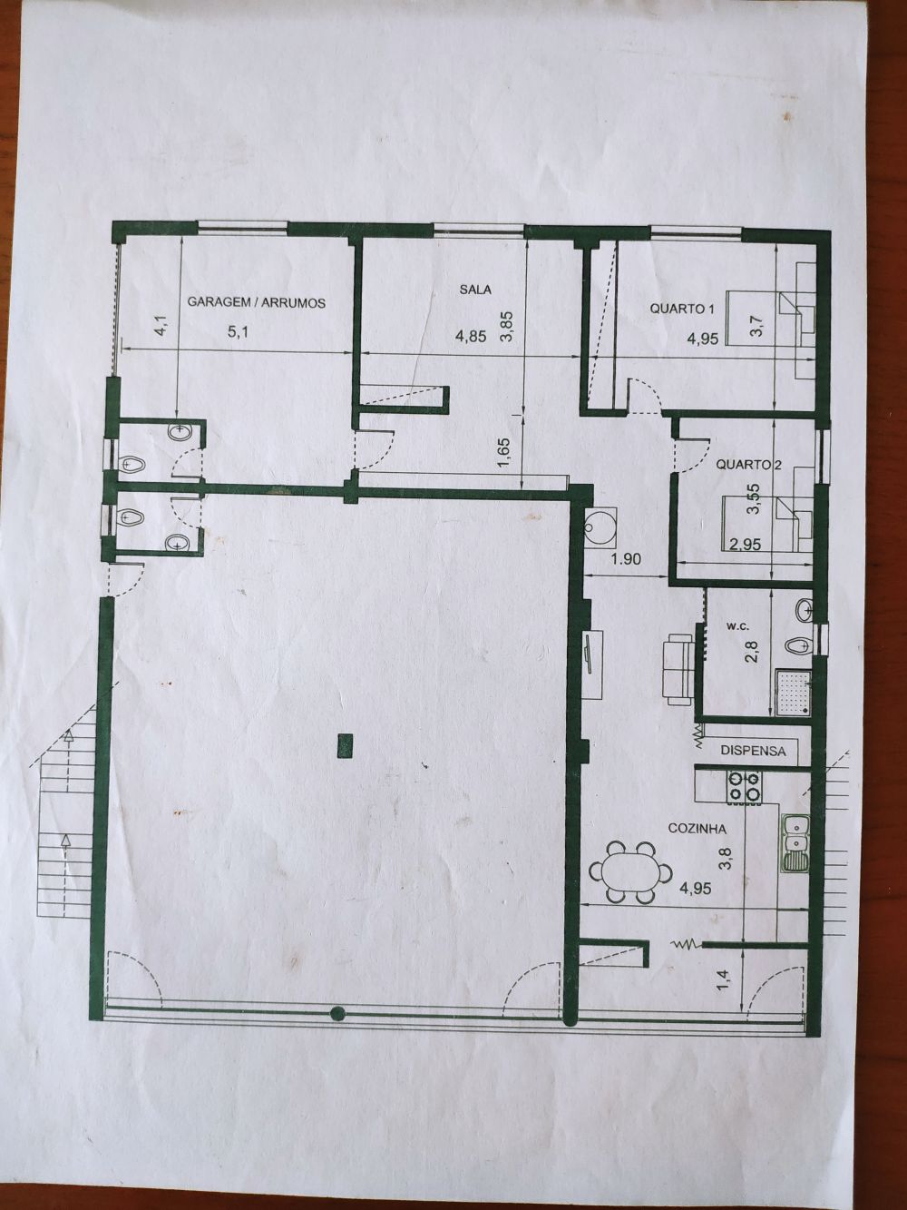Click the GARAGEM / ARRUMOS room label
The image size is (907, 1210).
pyautogui.click(x=257, y=302)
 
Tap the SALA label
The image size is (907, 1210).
pyautogui.click(x=475, y=290)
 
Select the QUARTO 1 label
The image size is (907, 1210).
pyautogui.click(x=682, y=309)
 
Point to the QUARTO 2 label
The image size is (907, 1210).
pyautogui.click(x=749, y=464)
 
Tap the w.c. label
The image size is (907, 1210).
pyautogui.click(x=736, y=626)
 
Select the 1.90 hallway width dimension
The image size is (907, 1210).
pyautogui.click(x=626, y=559)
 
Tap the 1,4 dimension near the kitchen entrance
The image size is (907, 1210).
pyautogui.click(x=726, y=980)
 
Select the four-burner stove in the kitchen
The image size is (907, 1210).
pyautogui.click(x=746, y=787)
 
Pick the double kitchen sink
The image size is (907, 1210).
pyautogui.click(x=795, y=843)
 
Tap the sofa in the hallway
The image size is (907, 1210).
pyautogui.click(x=680, y=669)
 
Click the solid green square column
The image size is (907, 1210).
pyautogui.click(x=345, y=745)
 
